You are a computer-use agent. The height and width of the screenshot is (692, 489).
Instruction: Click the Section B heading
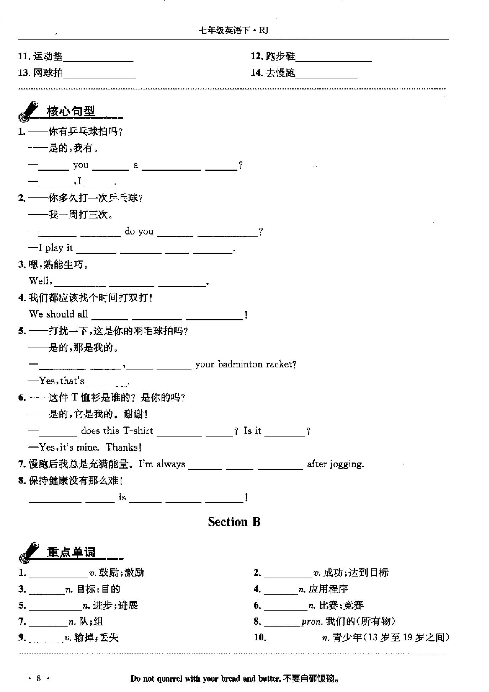234,522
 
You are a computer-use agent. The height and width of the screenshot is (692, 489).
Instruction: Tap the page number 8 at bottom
39,678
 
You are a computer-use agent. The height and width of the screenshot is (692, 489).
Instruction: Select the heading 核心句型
71,112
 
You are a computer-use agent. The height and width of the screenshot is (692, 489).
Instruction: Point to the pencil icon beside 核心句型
28,111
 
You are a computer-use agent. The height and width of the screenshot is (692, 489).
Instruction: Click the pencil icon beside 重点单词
28,552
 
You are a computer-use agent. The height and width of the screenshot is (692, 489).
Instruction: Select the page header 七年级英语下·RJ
233,31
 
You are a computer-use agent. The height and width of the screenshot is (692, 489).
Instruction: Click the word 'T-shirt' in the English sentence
138,431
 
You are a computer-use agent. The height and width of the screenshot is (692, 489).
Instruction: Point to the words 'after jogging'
336,464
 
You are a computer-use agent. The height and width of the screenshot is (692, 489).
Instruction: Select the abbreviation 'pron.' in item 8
312,622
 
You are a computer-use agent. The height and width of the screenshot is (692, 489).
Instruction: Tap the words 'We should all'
58,314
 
